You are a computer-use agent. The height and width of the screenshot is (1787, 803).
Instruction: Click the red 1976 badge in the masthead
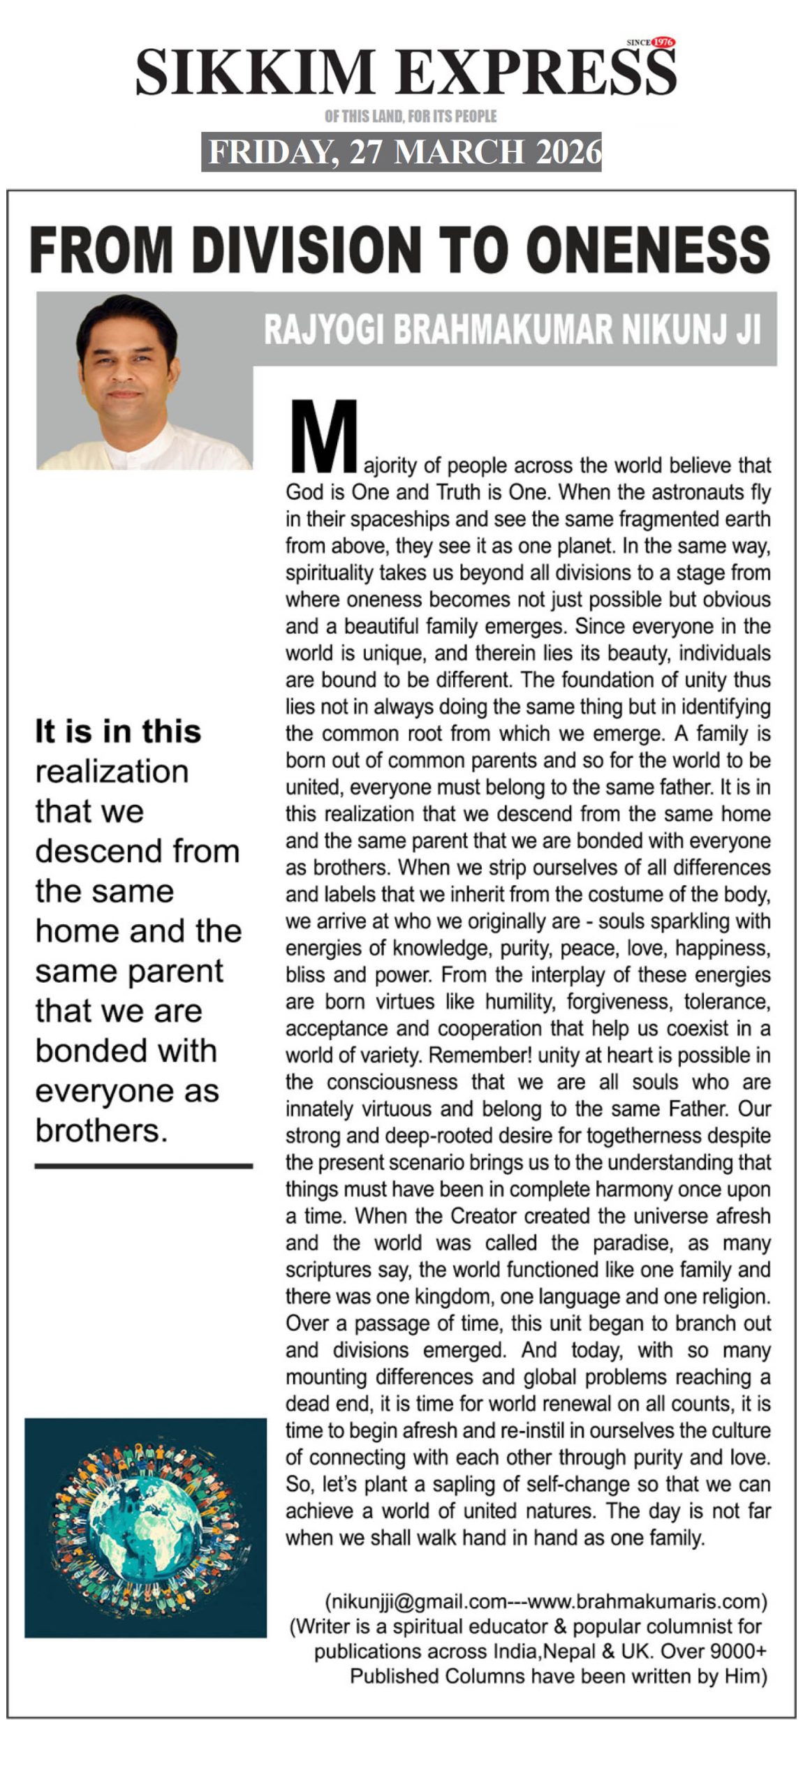pos(661,43)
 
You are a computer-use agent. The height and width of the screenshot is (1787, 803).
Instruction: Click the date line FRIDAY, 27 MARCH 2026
pos(401,151)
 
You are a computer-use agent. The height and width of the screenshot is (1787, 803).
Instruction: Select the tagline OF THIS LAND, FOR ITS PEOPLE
pos(411,116)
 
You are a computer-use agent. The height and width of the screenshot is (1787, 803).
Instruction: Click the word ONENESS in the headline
pos(647,249)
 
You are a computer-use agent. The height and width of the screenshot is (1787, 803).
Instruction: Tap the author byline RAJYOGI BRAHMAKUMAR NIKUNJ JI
pos(512,329)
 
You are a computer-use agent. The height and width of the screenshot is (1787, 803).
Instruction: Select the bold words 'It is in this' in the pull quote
pos(118,732)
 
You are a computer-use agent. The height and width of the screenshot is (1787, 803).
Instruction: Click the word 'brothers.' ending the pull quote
pos(102,1130)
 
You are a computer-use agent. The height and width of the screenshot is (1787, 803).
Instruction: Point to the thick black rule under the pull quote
pos(143,1166)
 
